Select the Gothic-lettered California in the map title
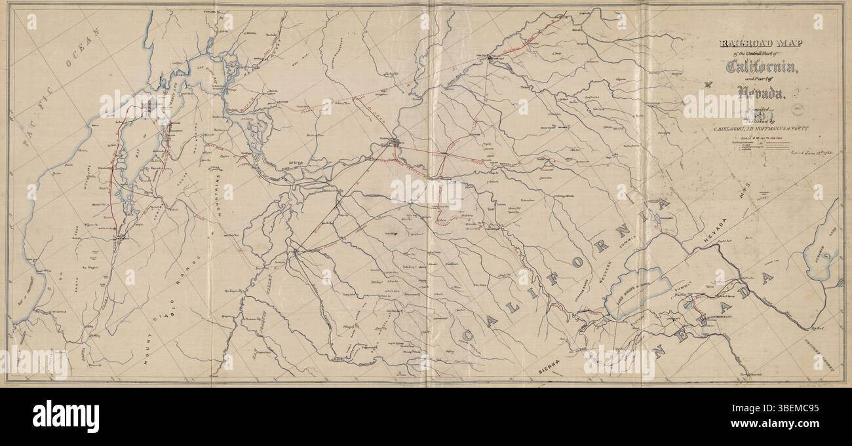click(x=760, y=66)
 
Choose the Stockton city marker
click(x=296, y=250)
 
